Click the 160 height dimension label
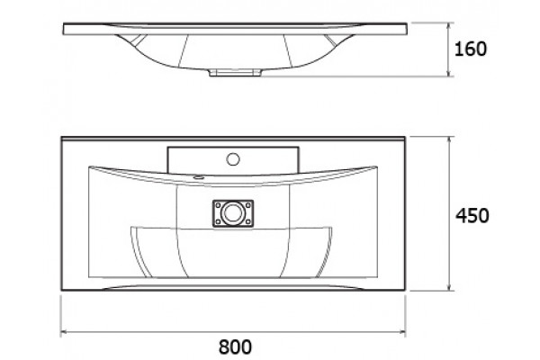(471, 49)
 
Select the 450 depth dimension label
(472, 216)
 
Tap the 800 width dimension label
(235, 346)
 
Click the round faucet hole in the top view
(233, 158)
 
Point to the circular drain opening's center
(233, 213)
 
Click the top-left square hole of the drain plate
(218, 205)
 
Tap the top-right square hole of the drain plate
(248, 205)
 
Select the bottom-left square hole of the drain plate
(218, 221)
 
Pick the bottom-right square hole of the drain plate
(248, 221)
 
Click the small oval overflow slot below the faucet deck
(198, 178)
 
